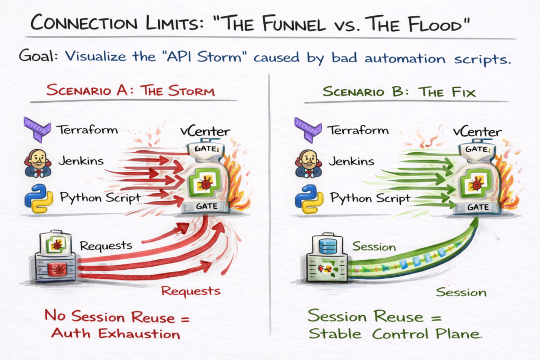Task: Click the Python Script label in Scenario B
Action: tap(370, 199)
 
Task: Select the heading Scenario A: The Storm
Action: tap(131, 90)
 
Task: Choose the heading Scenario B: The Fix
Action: tap(399, 92)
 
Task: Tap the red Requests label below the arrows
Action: tap(190, 290)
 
